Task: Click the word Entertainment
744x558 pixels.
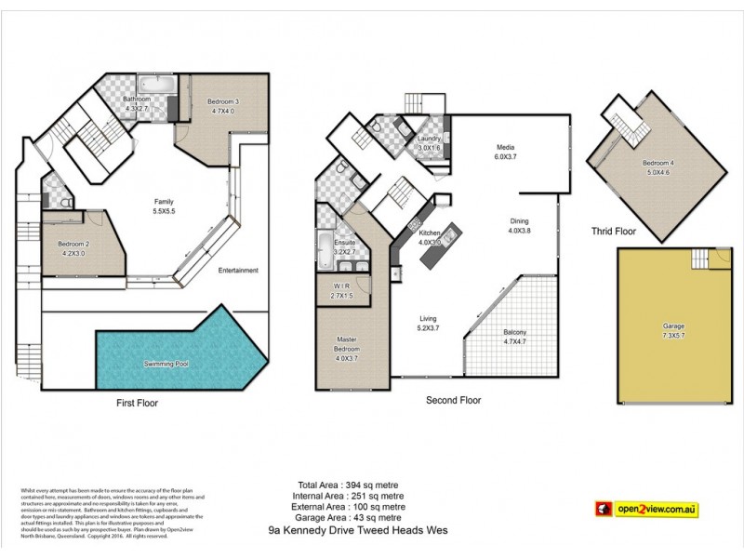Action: pos(238,271)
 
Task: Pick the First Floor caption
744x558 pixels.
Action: pos(138,404)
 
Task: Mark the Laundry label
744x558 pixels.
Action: pos(429,139)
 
